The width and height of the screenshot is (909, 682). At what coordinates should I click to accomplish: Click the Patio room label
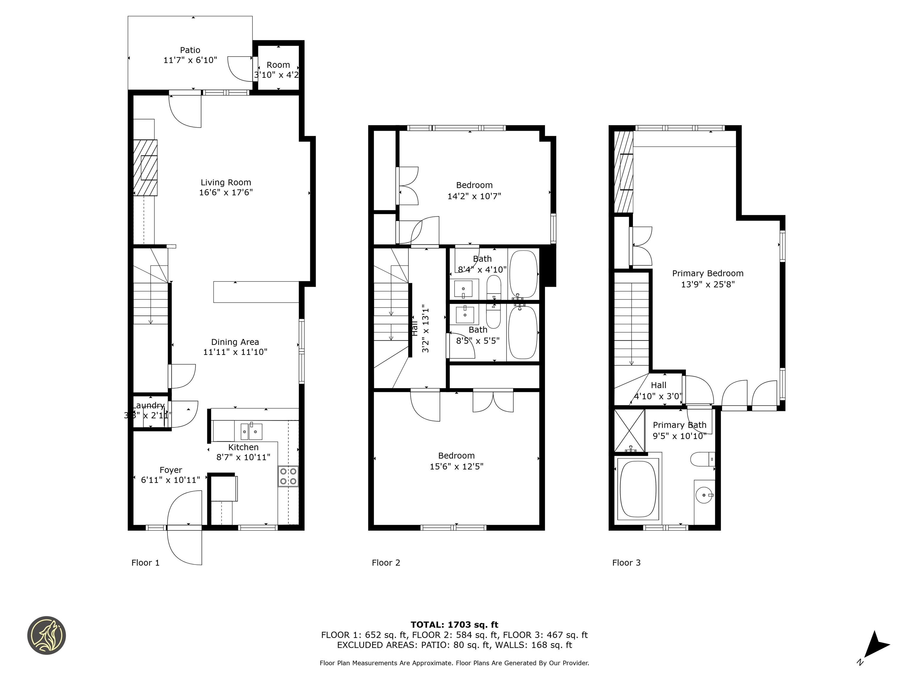pyautogui.click(x=190, y=50)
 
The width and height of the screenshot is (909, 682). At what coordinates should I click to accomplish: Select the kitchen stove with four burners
pyautogui.click(x=288, y=476)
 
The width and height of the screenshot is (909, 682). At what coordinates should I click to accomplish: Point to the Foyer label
pyautogui.click(x=170, y=470)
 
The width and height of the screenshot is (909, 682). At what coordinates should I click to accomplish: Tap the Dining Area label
pyautogui.click(x=235, y=342)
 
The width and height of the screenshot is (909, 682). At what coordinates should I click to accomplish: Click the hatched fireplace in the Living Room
pyautogui.click(x=145, y=168)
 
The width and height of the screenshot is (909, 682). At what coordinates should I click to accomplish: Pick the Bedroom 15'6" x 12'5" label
pyautogui.click(x=456, y=456)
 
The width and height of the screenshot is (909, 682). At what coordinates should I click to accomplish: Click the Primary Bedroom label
pyautogui.click(x=707, y=274)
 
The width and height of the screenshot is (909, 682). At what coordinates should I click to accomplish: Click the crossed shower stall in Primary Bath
pyautogui.click(x=629, y=429)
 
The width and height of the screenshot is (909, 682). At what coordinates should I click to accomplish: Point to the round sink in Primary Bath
pyautogui.click(x=704, y=495)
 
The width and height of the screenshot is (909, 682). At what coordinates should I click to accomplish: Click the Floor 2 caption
pyautogui.click(x=386, y=563)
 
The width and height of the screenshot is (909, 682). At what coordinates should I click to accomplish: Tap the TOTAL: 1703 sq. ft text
pyautogui.click(x=454, y=625)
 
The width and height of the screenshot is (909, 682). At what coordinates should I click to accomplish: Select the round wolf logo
pyautogui.click(x=46, y=635)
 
